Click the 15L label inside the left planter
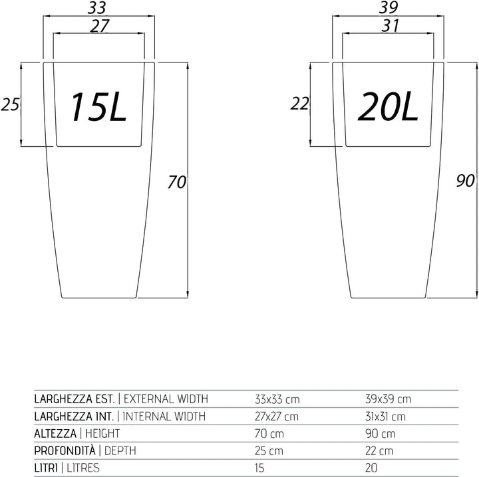click(x=98, y=107)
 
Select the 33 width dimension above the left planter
click(x=97, y=8)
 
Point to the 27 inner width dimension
click(x=100, y=26)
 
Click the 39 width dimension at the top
click(x=389, y=7)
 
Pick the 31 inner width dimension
click(x=391, y=26)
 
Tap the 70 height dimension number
click(x=177, y=182)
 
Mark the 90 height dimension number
click(x=465, y=181)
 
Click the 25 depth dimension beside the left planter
click(x=10, y=104)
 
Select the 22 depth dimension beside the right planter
click(x=299, y=104)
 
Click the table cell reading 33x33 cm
click(x=277, y=399)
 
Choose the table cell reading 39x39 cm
click(x=388, y=399)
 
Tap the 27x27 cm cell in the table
click(x=277, y=417)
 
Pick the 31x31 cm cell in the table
click(x=385, y=417)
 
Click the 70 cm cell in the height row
click(x=269, y=433)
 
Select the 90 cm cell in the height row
click(x=381, y=433)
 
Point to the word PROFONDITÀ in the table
click(x=65, y=450)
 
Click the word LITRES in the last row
click(x=83, y=468)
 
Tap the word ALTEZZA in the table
click(x=55, y=433)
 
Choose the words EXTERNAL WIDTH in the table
click(x=166, y=399)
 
